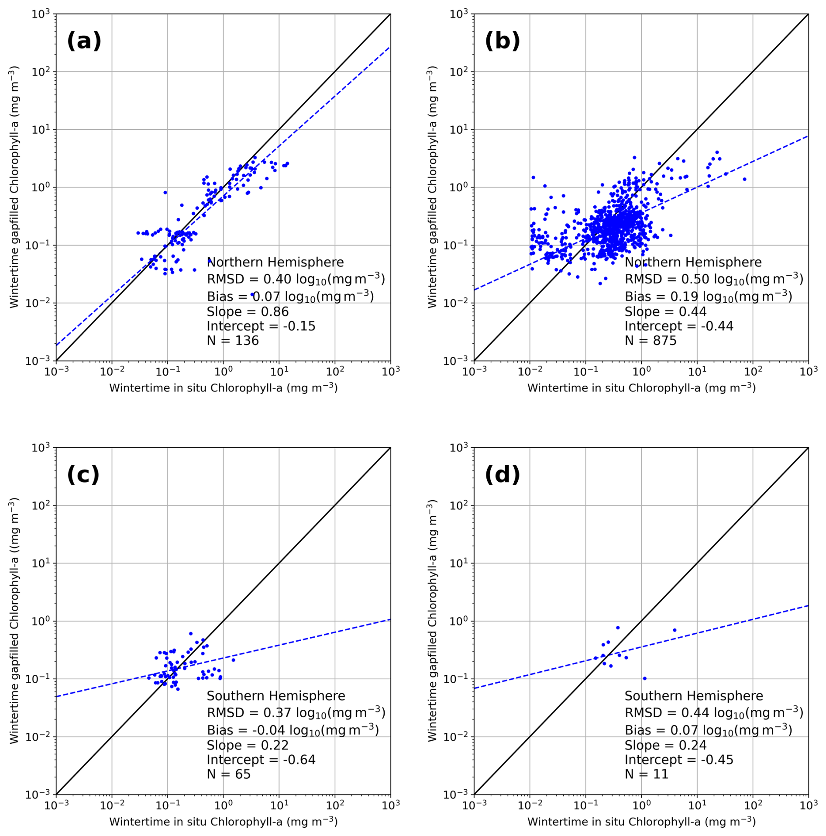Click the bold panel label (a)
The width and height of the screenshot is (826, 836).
(84, 41)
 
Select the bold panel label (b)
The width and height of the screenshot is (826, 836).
(502, 41)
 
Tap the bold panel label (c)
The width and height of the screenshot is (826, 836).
(83, 475)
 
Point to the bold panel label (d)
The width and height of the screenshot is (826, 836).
(502, 475)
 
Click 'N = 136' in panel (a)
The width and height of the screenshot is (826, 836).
(233, 341)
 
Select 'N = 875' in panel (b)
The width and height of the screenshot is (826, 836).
(650, 341)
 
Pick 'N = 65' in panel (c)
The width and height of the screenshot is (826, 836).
(228, 774)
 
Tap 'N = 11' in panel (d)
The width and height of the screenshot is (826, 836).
(646, 774)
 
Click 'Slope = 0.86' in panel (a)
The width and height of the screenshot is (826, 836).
(248, 312)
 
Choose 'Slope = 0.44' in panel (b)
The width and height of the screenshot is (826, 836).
(665, 312)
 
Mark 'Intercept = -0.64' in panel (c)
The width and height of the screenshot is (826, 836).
(261, 760)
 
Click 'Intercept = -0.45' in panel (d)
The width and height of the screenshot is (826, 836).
(679, 760)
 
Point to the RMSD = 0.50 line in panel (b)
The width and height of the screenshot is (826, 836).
(714, 279)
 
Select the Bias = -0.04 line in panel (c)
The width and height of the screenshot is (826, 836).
(293, 730)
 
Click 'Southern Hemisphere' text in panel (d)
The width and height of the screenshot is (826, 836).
(694, 696)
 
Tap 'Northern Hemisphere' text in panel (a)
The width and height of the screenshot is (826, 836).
(275, 263)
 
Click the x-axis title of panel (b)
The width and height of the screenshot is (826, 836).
(641, 388)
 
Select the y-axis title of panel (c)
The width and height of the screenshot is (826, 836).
(14, 621)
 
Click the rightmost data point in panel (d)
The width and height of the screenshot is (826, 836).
(675, 630)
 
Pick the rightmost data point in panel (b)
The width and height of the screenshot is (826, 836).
(744, 179)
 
